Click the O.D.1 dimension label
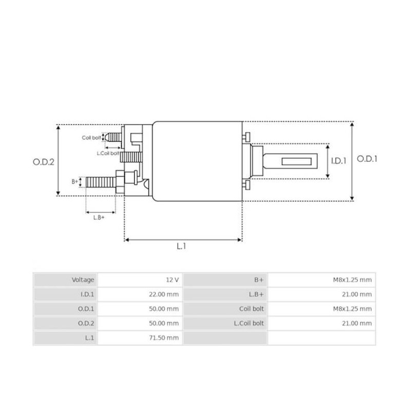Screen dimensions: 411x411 pyautogui.click(x=367, y=159)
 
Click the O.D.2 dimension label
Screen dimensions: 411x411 pyautogui.click(x=44, y=161)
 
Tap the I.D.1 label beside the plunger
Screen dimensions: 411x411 pyautogui.click(x=339, y=160)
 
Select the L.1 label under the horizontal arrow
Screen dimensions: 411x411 pyautogui.click(x=181, y=247)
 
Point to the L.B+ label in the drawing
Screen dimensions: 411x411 pyautogui.click(x=99, y=217)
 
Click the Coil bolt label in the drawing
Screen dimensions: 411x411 pyautogui.click(x=91, y=138)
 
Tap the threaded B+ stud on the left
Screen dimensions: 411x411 pyautogui.click(x=100, y=181)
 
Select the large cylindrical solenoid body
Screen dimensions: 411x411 pyautogui.click(x=198, y=161)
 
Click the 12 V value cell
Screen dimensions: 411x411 pyautogui.click(x=173, y=280)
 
